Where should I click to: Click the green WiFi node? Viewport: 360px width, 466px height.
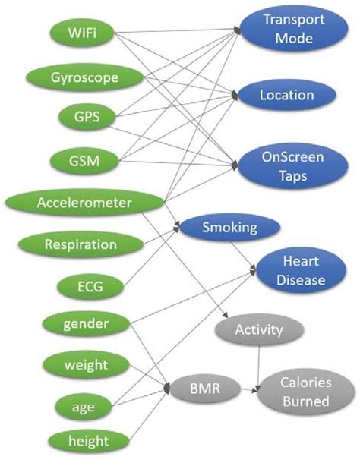81,33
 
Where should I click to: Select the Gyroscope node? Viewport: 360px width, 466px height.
84,77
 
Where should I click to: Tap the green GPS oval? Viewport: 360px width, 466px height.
82,118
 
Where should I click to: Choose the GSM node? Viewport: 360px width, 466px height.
82,160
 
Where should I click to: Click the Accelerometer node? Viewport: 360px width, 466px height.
84,202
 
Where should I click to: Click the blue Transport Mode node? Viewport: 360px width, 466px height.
288,29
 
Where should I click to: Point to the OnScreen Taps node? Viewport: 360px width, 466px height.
292,165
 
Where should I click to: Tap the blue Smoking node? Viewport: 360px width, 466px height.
229,226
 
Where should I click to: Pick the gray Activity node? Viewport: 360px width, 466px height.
260,329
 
